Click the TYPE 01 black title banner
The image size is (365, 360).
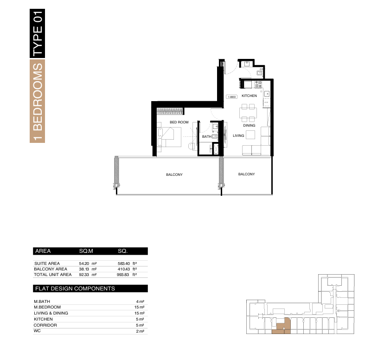point(37,33)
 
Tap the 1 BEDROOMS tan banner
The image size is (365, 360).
point(37,101)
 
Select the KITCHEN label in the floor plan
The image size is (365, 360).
point(249,96)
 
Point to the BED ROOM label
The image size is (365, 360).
point(179,122)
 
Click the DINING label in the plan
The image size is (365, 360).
point(249,125)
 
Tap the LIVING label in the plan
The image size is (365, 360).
point(238,135)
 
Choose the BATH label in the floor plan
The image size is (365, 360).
point(206,136)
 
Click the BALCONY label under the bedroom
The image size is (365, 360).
point(174,174)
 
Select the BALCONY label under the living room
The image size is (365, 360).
point(246,174)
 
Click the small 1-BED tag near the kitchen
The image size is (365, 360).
point(232,96)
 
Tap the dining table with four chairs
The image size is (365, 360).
point(248,113)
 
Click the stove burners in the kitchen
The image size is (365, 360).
point(258,84)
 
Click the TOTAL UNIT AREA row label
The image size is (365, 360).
point(52,275)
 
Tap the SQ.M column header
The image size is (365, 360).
point(86,251)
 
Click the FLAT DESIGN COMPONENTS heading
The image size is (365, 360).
point(75,289)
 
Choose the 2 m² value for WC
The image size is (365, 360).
point(140,331)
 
